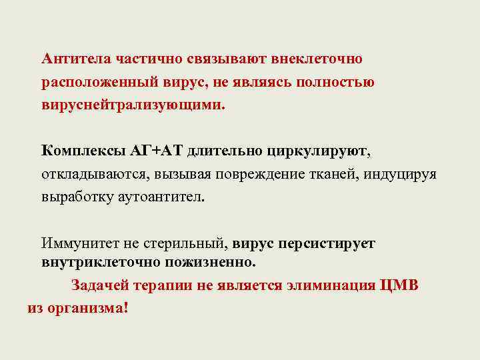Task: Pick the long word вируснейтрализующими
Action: click(x=133, y=106)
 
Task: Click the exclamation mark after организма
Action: click(x=125, y=309)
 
